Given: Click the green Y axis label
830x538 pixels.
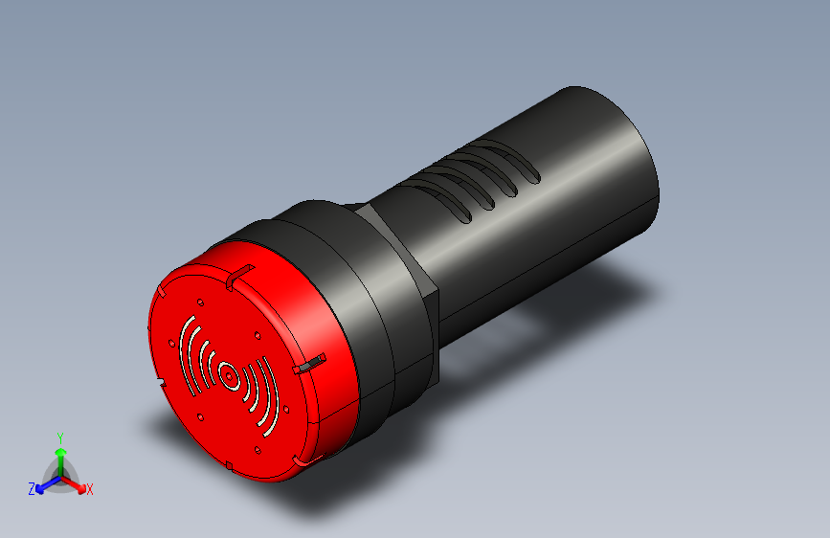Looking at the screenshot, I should [x=60, y=437].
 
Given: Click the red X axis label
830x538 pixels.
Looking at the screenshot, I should [x=90, y=490].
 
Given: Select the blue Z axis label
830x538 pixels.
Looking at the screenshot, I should [x=32, y=489].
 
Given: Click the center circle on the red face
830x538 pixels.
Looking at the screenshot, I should [x=229, y=376].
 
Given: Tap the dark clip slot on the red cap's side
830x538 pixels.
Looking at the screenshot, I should [x=309, y=365].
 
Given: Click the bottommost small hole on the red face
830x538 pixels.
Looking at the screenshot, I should [x=258, y=449].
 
